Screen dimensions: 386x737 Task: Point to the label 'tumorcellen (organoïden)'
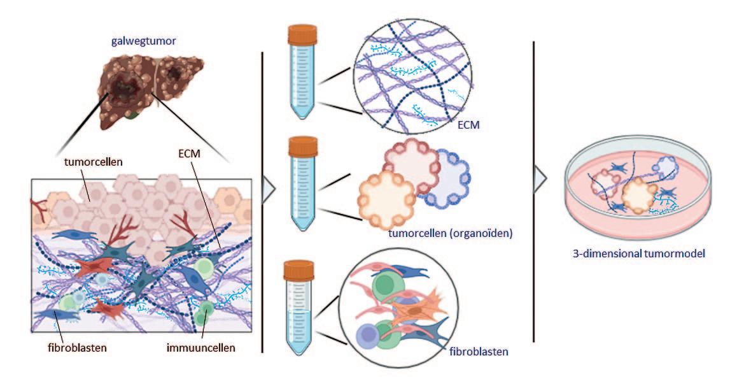tap(450, 234)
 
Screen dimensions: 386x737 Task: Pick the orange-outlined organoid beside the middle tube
tap(388, 199)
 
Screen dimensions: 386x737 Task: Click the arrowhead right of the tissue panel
tap(268, 192)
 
